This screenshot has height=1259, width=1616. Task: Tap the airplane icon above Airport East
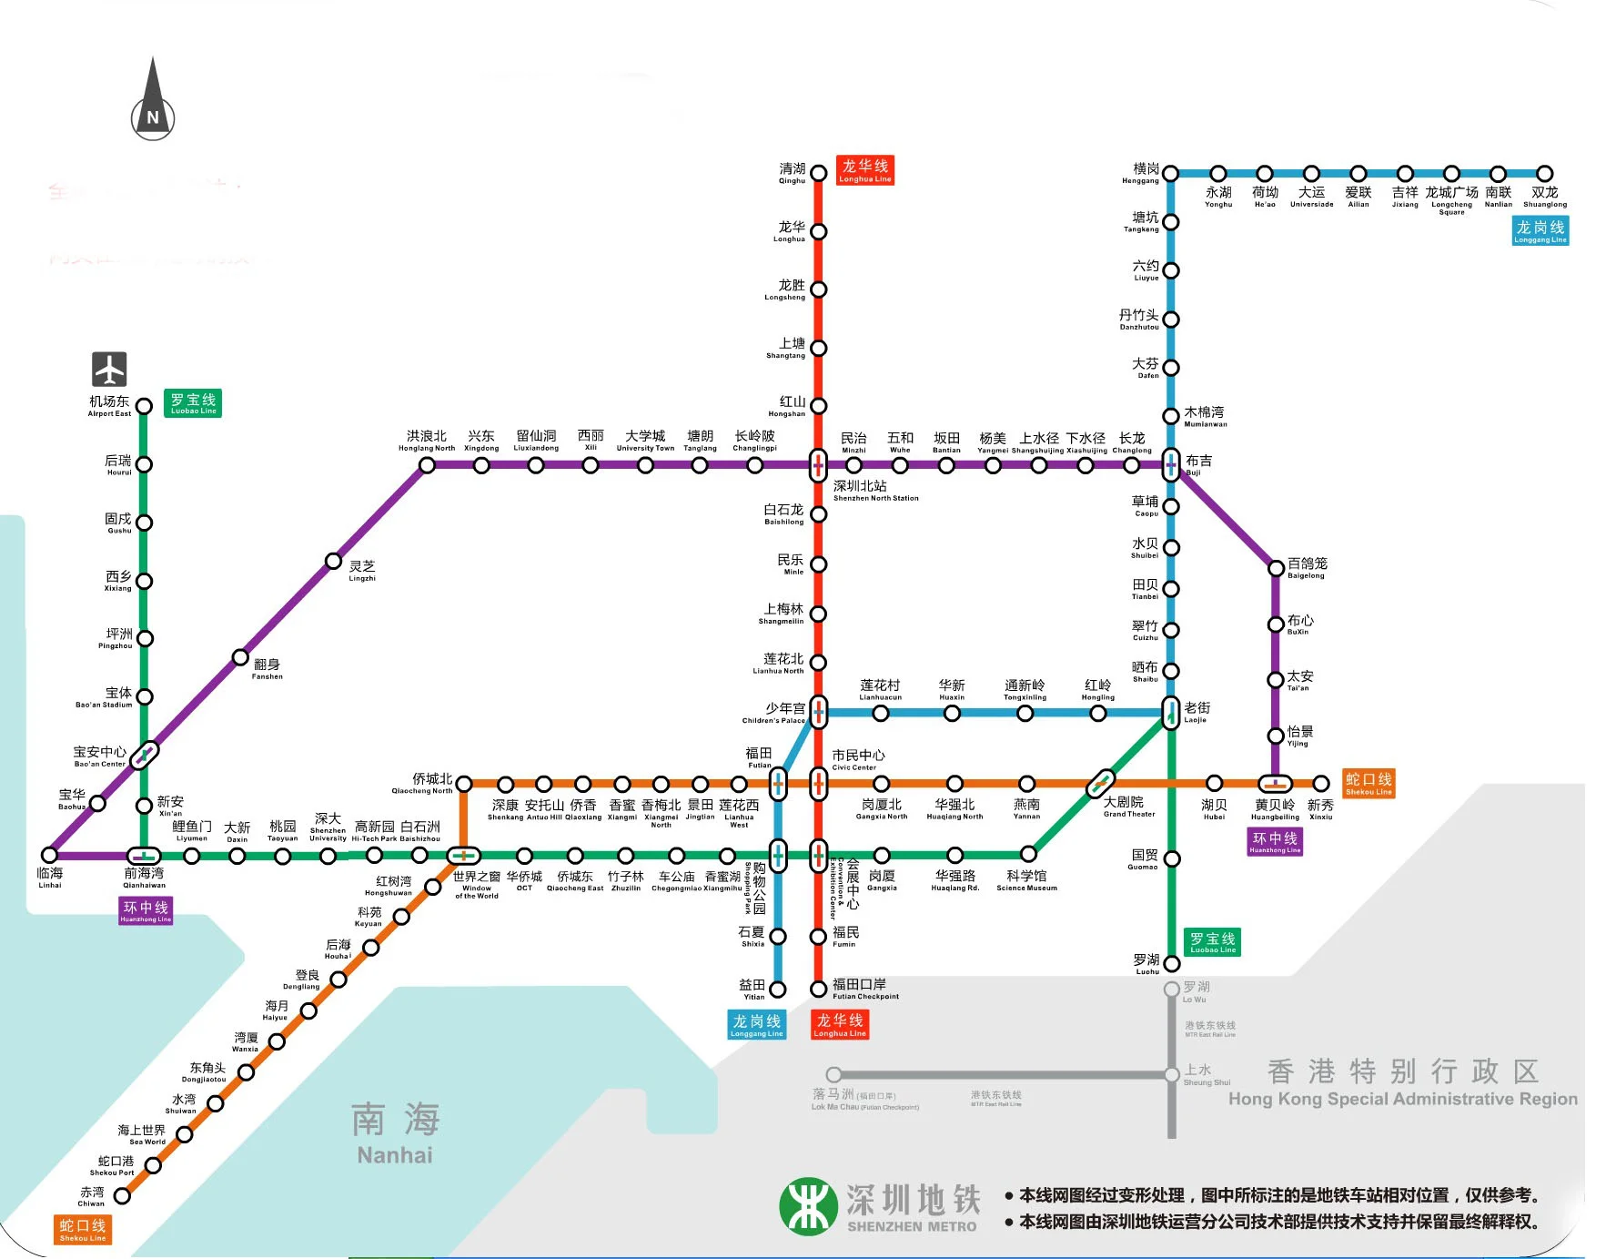click(x=109, y=369)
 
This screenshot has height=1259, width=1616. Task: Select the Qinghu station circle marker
click(x=818, y=173)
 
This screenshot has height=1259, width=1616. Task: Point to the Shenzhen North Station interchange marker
click(x=818, y=465)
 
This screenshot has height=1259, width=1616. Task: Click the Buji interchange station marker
click(x=1171, y=464)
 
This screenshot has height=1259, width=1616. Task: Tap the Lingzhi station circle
click(x=334, y=561)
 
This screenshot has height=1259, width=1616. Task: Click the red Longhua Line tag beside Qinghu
click(x=865, y=170)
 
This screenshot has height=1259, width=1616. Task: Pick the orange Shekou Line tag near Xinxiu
click(x=1369, y=783)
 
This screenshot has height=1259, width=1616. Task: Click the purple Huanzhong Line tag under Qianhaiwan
click(x=146, y=910)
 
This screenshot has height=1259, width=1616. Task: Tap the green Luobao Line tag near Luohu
click(x=1213, y=942)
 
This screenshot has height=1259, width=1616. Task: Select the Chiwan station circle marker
click(x=122, y=1195)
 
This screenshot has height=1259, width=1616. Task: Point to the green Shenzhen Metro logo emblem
click(x=808, y=1206)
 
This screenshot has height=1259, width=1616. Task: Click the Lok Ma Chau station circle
click(x=833, y=1075)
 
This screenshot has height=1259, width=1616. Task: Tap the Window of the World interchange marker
click(x=464, y=856)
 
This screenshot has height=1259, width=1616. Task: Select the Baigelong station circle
click(x=1276, y=568)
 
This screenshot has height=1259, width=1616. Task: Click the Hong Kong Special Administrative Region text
click(x=1402, y=1083)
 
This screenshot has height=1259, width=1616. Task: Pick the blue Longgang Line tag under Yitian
click(x=756, y=1025)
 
